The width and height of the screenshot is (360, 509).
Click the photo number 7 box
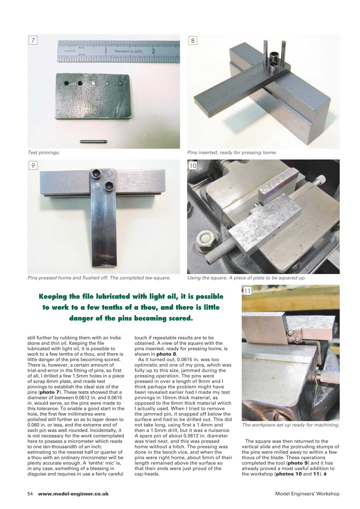pyautogui.click(x=33, y=41)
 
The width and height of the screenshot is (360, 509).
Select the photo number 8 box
pyautogui.click(x=193, y=41)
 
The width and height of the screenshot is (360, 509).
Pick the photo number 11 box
pyautogui.click(x=247, y=291)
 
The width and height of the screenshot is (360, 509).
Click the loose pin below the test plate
pyautogui.click(x=92, y=140)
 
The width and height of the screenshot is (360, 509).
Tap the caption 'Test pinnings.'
pyautogui.click(x=43, y=153)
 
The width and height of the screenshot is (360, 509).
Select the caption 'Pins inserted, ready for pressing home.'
pyautogui.click(x=232, y=153)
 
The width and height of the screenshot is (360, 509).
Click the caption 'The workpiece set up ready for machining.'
pyautogui.click(x=290, y=425)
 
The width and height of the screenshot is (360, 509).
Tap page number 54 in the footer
pyautogui.click(x=30, y=493)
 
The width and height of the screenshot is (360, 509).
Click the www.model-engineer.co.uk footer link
pyautogui.click(x=73, y=493)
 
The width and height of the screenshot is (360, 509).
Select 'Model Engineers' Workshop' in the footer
pyautogui.click(x=307, y=493)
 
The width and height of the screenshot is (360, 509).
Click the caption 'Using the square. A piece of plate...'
pyautogui.click(x=246, y=278)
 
